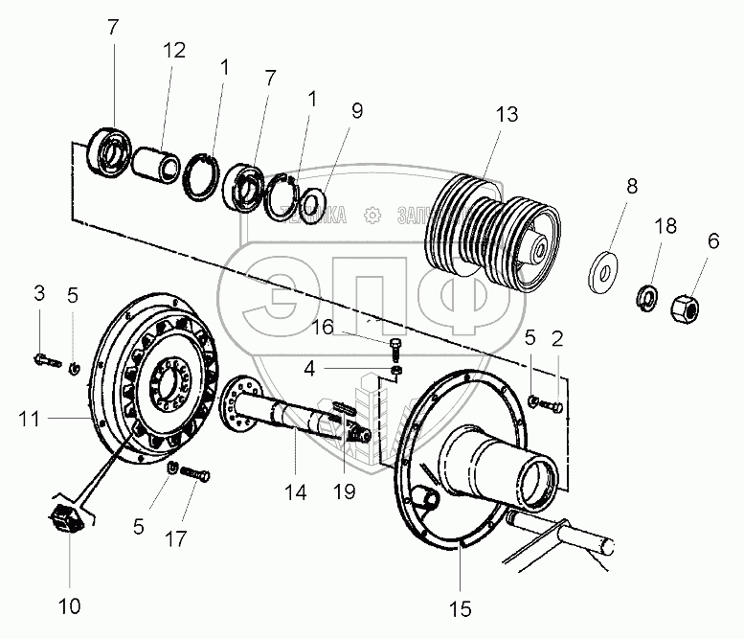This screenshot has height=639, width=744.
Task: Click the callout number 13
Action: (x=507, y=115)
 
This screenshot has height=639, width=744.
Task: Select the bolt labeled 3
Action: (x=46, y=360)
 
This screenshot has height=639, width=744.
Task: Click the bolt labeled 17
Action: (x=193, y=474)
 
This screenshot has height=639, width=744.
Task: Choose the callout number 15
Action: (x=461, y=607)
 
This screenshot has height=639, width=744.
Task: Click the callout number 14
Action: (x=295, y=492)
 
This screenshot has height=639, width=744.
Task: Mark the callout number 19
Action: (x=343, y=492)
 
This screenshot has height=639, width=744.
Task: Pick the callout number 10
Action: (x=71, y=605)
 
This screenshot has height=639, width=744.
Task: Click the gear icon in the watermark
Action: (x=372, y=217)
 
